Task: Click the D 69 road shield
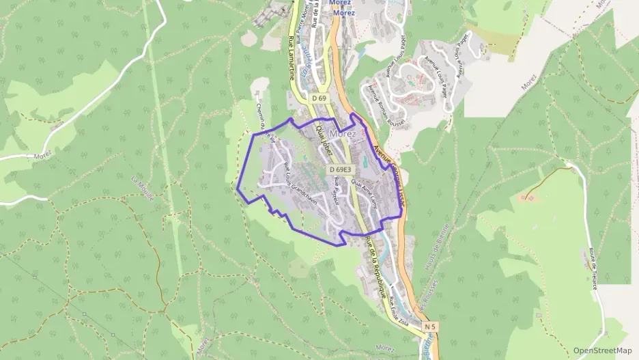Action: (319, 98)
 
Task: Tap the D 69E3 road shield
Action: (339, 169)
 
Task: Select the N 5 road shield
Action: (429, 327)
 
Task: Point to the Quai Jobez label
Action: (323, 139)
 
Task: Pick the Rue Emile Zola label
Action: (397, 311)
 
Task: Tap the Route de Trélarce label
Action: (593, 268)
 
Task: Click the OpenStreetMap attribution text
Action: (603, 350)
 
